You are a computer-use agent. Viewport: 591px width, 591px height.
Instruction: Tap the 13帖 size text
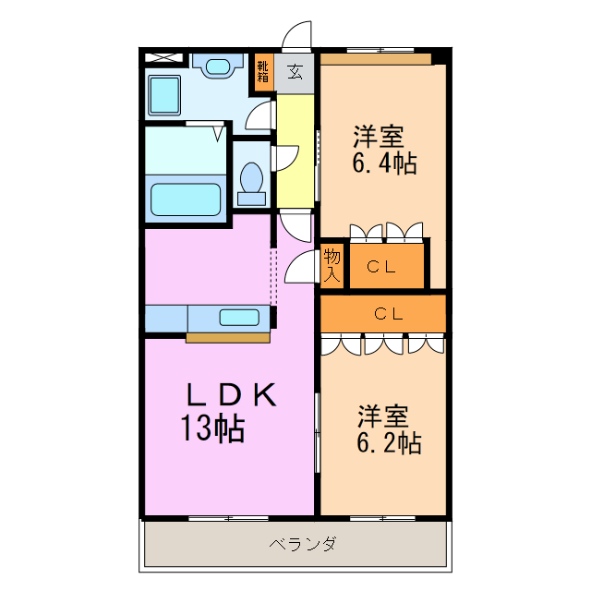click(212, 428)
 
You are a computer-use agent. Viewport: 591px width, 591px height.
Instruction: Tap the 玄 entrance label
click(295, 71)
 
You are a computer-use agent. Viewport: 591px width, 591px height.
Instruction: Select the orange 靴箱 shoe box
click(263, 72)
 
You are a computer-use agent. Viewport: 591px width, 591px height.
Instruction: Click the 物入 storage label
click(332, 264)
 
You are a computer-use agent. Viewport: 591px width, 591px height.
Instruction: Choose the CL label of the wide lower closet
click(388, 313)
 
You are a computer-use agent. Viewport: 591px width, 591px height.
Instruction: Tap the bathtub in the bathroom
click(186, 198)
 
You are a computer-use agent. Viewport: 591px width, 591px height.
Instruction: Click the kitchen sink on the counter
click(239, 318)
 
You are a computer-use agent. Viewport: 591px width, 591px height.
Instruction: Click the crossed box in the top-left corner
click(163, 57)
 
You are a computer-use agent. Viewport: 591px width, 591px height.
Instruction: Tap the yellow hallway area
click(296, 152)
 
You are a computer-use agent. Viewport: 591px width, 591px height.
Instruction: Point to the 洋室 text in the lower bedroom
click(383, 415)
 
